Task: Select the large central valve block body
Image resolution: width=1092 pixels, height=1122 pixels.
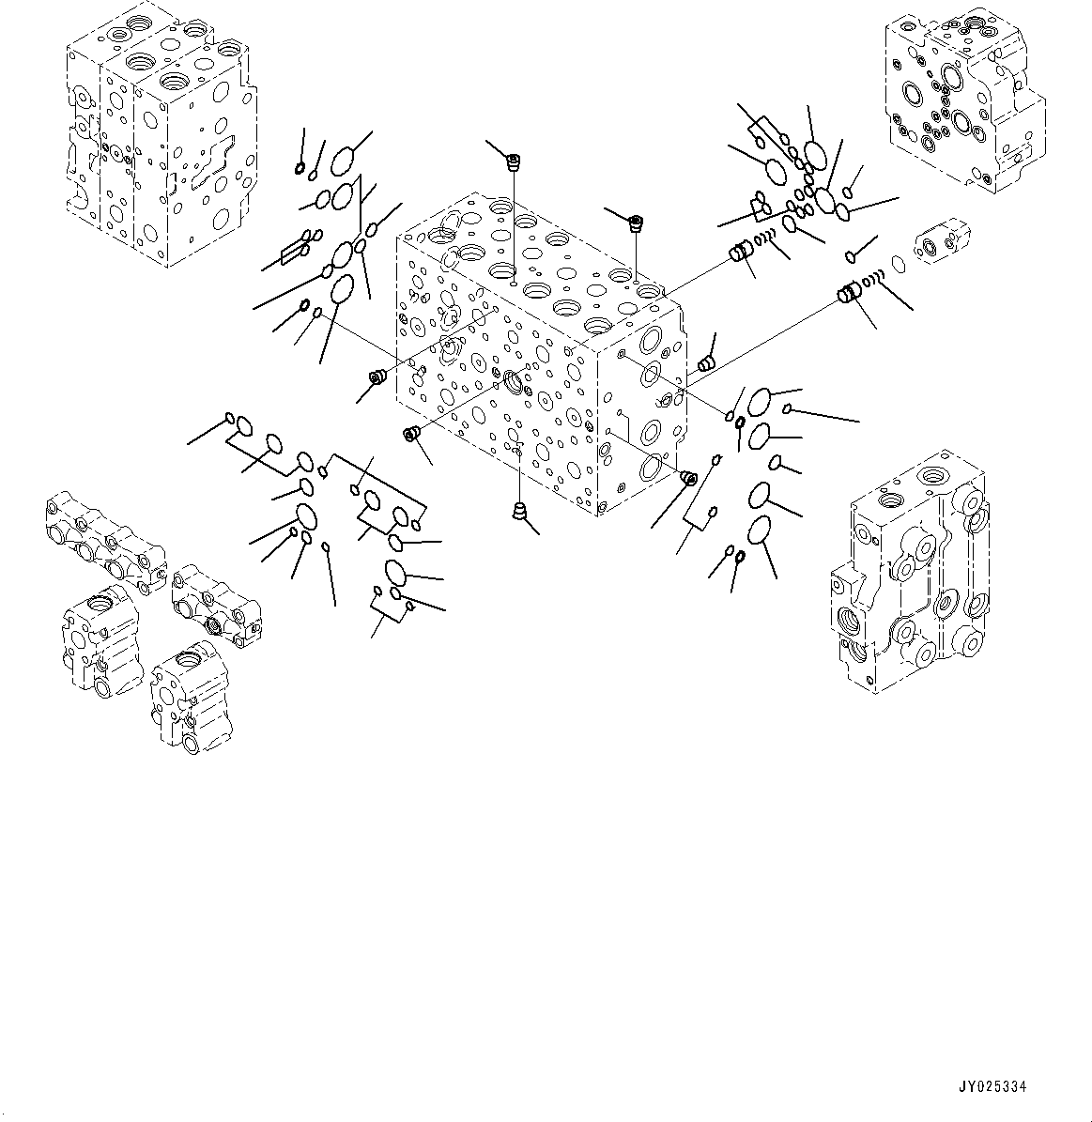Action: pyautogui.click(x=535, y=357)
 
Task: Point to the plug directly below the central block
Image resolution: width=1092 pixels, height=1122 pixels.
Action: pyautogui.click(x=517, y=511)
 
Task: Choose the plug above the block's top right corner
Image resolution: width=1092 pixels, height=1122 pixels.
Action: pyautogui.click(x=637, y=223)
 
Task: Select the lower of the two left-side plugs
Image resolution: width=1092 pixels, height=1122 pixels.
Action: pyautogui.click(x=410, y=433)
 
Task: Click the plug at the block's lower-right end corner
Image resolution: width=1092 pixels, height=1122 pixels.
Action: pyautogui.click(x=687, y=478)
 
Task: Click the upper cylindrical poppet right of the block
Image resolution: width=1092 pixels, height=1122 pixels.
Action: pyautogui.click(x=740, y=252)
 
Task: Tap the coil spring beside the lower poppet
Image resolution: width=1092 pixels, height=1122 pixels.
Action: pyautogui.click(x=873, y=279)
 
